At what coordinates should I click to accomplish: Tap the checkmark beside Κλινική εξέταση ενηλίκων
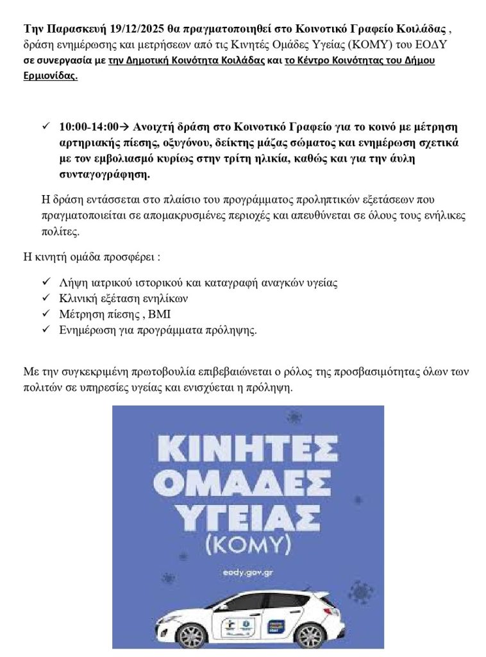(x=46, y=298)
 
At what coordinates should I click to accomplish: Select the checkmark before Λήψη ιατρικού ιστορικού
(x=46, y=282)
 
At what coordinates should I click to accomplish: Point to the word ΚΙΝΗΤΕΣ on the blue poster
(x=248, y=448)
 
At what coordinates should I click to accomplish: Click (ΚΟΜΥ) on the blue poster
(x=248, y=546)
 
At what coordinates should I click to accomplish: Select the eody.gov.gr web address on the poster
(x=247, y=572)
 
